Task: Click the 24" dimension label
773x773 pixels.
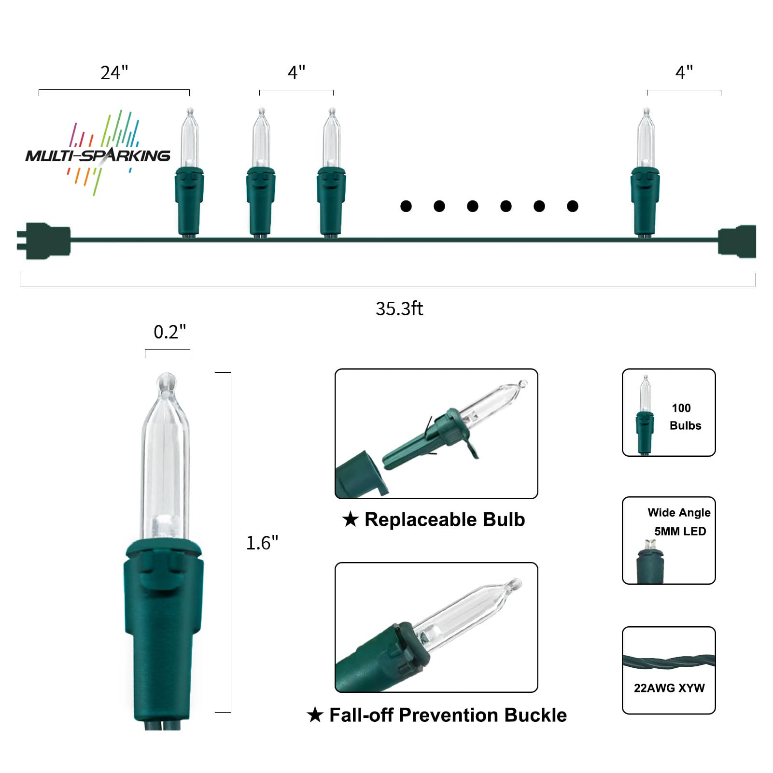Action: [114, 72]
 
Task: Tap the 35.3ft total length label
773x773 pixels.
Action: [399, 309]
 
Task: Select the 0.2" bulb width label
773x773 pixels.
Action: [169, 332]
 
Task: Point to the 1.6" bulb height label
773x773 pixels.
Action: [262, 543]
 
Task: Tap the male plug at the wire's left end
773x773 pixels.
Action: [43, 240]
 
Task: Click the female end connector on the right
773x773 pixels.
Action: [737, 241]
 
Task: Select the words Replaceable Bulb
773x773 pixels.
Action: [445, 520]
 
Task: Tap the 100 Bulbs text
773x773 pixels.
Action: [685, 417]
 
